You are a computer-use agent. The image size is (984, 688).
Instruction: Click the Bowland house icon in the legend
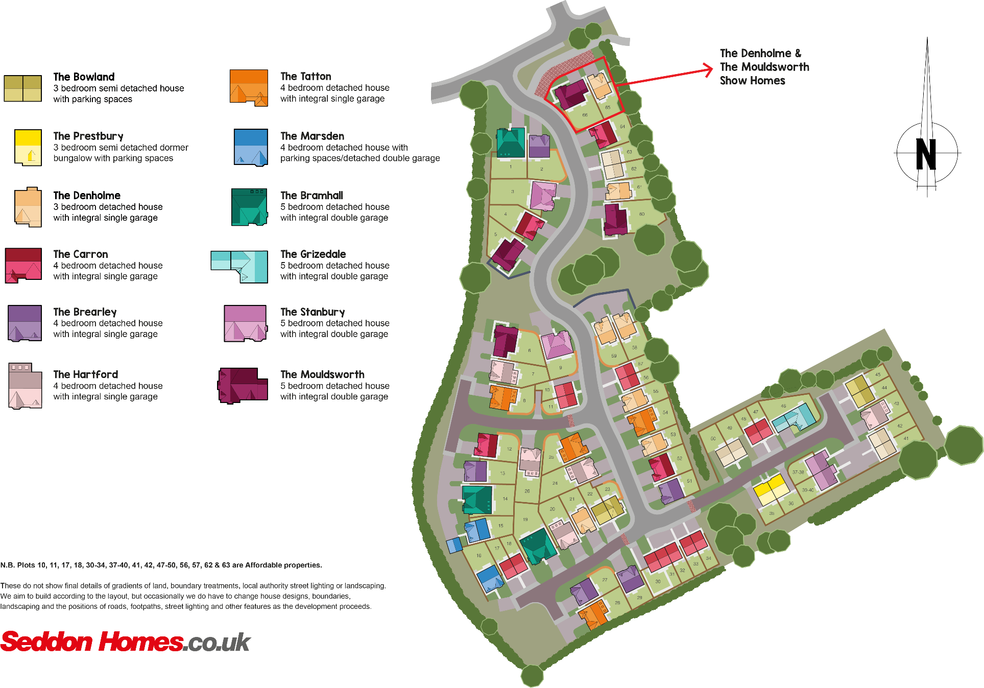click(23, 88)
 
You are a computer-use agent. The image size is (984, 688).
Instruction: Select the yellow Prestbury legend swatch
click(28, 147)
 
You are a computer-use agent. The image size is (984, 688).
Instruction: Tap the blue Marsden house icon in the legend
click(251, 147)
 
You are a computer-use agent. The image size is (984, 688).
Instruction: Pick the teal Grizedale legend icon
click(240, 266)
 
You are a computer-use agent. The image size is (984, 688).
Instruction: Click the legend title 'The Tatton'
click(306, 77)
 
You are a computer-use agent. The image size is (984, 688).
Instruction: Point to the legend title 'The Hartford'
click(86, 374)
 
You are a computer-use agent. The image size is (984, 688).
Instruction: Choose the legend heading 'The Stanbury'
click(313, 312)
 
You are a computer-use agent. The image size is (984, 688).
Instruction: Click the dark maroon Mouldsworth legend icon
click(243, 386)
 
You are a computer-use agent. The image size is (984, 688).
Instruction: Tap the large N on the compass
click(926, 154)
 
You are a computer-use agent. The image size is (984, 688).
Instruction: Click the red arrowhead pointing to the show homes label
click(708, 70)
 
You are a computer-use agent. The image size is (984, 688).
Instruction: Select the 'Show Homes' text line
click(752, 81)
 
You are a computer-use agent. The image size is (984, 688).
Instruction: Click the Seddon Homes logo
click(125, 642)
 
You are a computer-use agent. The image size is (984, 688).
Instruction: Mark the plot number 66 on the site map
click(585, 115)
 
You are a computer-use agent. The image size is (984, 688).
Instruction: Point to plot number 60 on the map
click(642, 214)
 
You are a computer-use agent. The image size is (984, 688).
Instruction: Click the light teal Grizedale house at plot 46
click(794, 419)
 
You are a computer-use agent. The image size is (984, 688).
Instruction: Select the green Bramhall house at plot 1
click(511, 143)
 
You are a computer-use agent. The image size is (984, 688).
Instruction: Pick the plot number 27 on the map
click(605, 580)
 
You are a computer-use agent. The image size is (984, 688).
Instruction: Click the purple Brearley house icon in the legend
click(25, 323)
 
